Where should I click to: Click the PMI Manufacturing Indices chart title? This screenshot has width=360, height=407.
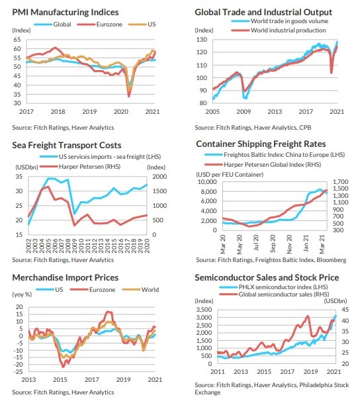pos(66,12)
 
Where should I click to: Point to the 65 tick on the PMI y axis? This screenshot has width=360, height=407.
pos(17,40)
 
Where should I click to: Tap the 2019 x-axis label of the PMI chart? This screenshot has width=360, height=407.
pos(89,112)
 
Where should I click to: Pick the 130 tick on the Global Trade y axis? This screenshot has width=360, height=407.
pos(202,40)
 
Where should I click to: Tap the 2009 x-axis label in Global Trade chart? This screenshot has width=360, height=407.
pos(244,112)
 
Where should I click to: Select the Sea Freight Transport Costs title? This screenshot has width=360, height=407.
pos(67,145)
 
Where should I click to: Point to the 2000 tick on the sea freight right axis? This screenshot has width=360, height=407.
pos(159,177)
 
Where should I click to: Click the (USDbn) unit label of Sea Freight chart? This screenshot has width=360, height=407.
pos(26,167)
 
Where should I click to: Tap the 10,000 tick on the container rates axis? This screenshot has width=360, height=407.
pos(207,182)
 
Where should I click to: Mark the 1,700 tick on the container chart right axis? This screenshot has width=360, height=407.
pos(341,182)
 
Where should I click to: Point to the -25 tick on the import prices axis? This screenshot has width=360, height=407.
pos(19,372)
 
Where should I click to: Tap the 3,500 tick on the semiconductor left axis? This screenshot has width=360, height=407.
pos(204,310)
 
